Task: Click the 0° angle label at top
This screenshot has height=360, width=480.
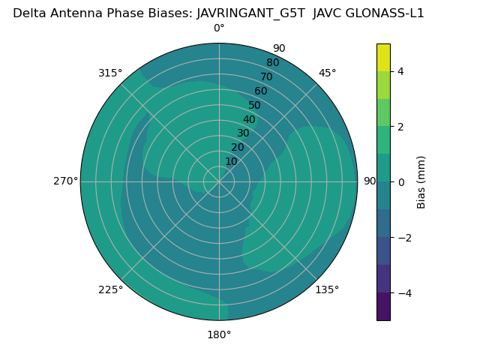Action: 219,28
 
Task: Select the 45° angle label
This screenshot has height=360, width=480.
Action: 327,73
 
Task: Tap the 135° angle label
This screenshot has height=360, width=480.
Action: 327,289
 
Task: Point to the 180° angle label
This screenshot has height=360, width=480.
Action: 219,334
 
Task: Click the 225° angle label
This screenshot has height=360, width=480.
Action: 110,289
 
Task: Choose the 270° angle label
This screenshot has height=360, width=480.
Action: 65,181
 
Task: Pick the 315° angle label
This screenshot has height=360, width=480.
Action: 110,73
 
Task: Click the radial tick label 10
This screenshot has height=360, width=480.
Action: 231,161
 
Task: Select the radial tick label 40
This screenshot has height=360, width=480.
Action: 249,119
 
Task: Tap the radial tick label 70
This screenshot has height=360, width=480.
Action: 267,76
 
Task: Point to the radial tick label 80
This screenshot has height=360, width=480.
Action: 272,63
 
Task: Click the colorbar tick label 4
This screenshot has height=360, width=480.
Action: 400,71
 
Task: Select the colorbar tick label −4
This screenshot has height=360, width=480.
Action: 403,292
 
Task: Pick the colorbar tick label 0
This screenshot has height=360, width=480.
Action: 400,182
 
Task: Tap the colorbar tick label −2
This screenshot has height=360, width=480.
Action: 403,238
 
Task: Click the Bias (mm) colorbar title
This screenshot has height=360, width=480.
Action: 421,182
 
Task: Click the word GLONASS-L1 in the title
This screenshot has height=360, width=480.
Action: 388,13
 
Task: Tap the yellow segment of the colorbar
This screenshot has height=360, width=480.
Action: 383,58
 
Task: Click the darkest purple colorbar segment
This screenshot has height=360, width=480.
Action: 383,306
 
